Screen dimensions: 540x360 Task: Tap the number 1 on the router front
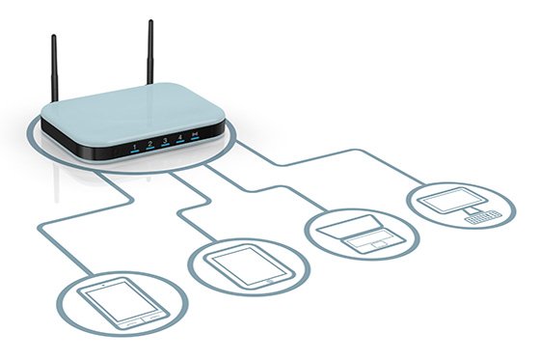[134, 148]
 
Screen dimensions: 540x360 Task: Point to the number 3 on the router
[165, 143]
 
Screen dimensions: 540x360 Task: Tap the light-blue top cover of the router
[135, 106]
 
